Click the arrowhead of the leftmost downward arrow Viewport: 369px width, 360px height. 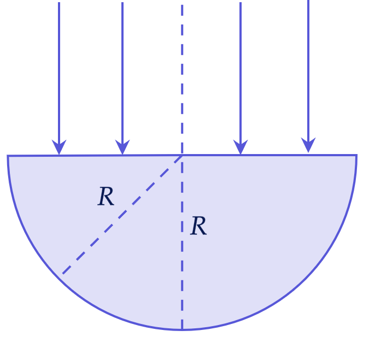click(x=59, y=147)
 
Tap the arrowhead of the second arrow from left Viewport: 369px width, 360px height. click(x=122, y=147)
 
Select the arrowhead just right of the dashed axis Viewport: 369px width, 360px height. click(x=241, y=147)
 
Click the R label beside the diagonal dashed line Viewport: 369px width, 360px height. click(x=106, y=196)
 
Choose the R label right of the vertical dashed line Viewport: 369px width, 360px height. click(x=198, y=226)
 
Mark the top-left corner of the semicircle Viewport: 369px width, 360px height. click(x=8, y=156)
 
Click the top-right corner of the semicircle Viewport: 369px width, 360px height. click(x=357, y=155)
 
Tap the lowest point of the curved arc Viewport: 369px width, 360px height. click(x=182, y=330)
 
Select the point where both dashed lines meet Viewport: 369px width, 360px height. click(x=182, y=156)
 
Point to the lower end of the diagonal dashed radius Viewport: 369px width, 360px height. click(x=63, y=274)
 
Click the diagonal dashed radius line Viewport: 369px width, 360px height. click(x=122, y=215)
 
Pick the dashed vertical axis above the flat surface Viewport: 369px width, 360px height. click(x=182, y=79)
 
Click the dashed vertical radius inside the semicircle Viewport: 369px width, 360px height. click(x=182, y=242)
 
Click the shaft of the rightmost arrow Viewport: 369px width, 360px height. click(x=308, y=70)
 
